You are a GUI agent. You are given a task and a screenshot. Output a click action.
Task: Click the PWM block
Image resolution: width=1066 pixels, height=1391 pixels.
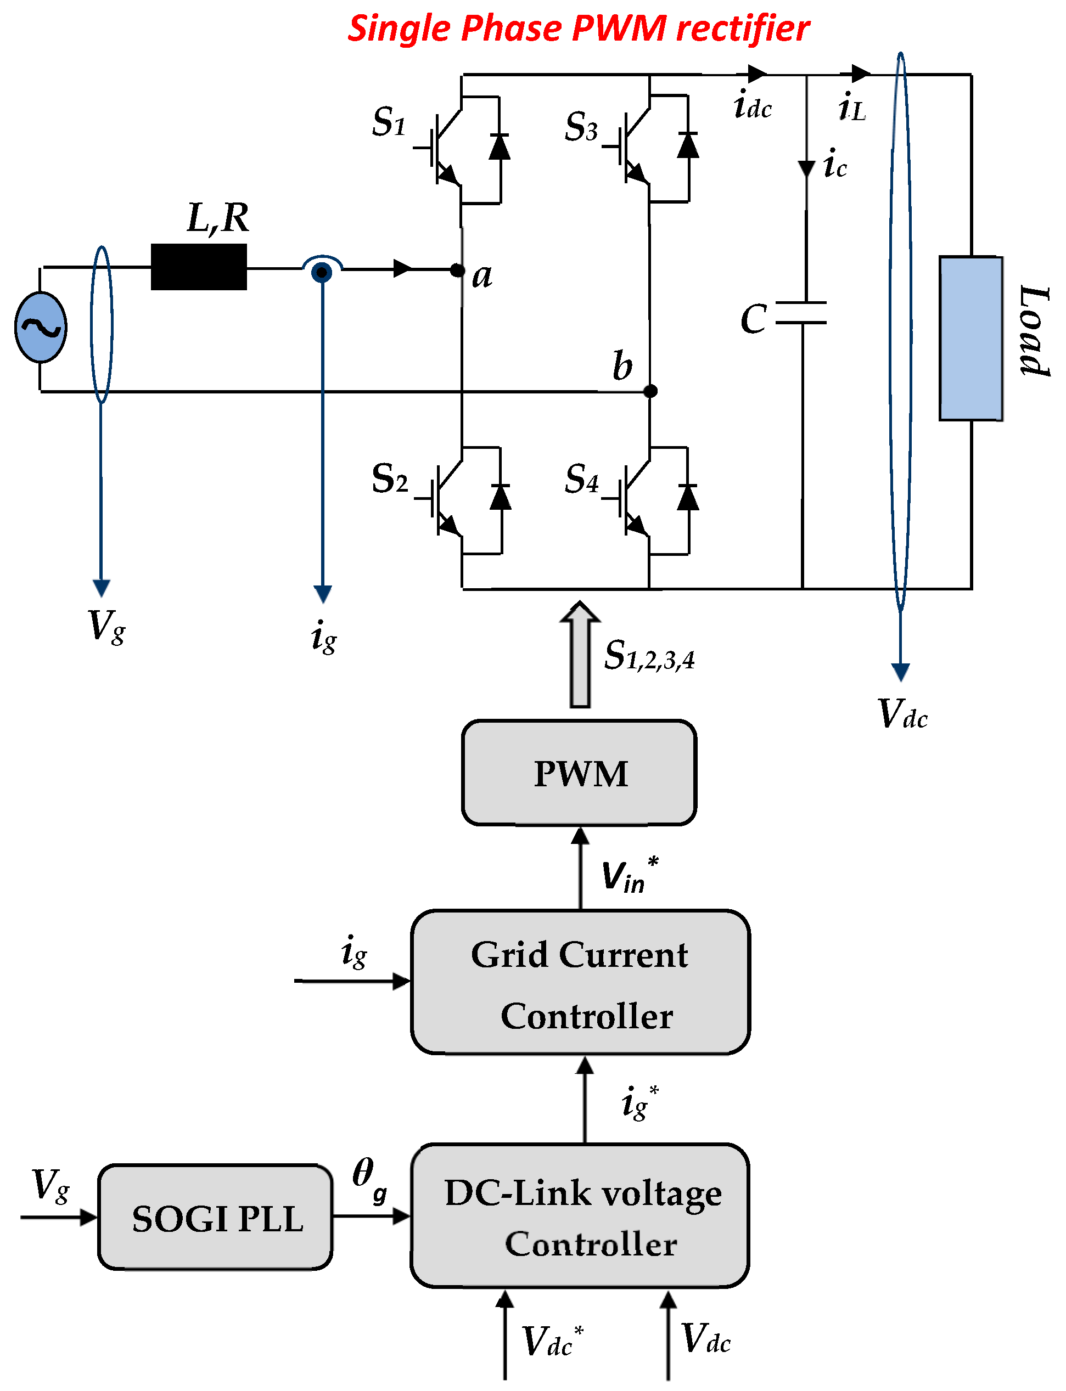[x=579, y=773]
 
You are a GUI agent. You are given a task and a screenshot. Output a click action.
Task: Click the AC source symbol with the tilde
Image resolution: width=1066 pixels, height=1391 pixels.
[x=41, y=327]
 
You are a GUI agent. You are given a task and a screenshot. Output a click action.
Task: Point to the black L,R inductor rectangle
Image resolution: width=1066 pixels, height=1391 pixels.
[x=199, y=267]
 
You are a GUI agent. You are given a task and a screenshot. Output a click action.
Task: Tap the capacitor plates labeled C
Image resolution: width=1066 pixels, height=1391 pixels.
[x=801, y=313]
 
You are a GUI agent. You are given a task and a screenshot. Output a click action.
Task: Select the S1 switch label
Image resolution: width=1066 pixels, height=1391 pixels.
[x=388, y=122]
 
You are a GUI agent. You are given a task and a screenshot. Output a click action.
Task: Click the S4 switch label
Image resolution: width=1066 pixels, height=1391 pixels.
[x=581, y=479]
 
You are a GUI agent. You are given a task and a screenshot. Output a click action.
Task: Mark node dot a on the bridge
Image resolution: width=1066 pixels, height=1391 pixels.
[x=457, y=270]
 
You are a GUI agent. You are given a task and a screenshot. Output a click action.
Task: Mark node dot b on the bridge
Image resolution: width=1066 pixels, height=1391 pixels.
[x=650, y=391]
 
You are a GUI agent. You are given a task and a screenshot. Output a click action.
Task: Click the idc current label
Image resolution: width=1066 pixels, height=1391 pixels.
[x=753, y=106]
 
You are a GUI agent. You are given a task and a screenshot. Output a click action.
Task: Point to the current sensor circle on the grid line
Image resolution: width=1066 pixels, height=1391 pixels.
[x=322, y=272]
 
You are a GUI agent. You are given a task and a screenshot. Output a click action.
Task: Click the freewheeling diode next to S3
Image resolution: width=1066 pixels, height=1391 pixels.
[x=688, y=146]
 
